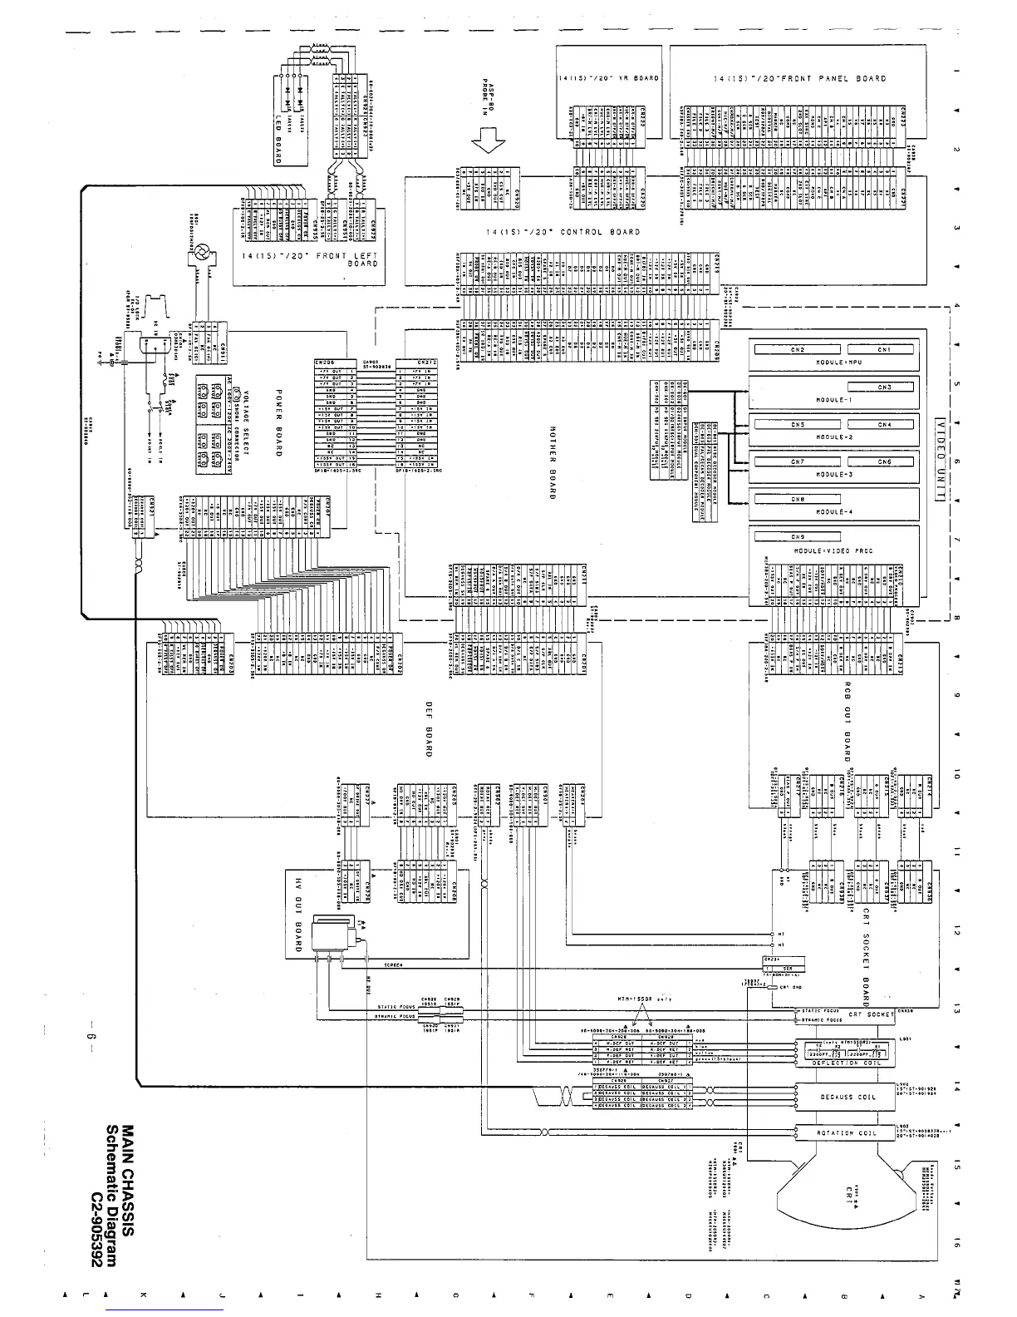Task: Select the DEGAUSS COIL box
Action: coord(843,1097)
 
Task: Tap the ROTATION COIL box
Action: coord(843,1133)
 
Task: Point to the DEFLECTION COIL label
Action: coord(843,1062)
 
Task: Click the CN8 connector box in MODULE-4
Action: coord(798,499)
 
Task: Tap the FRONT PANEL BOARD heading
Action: coord(799,79)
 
